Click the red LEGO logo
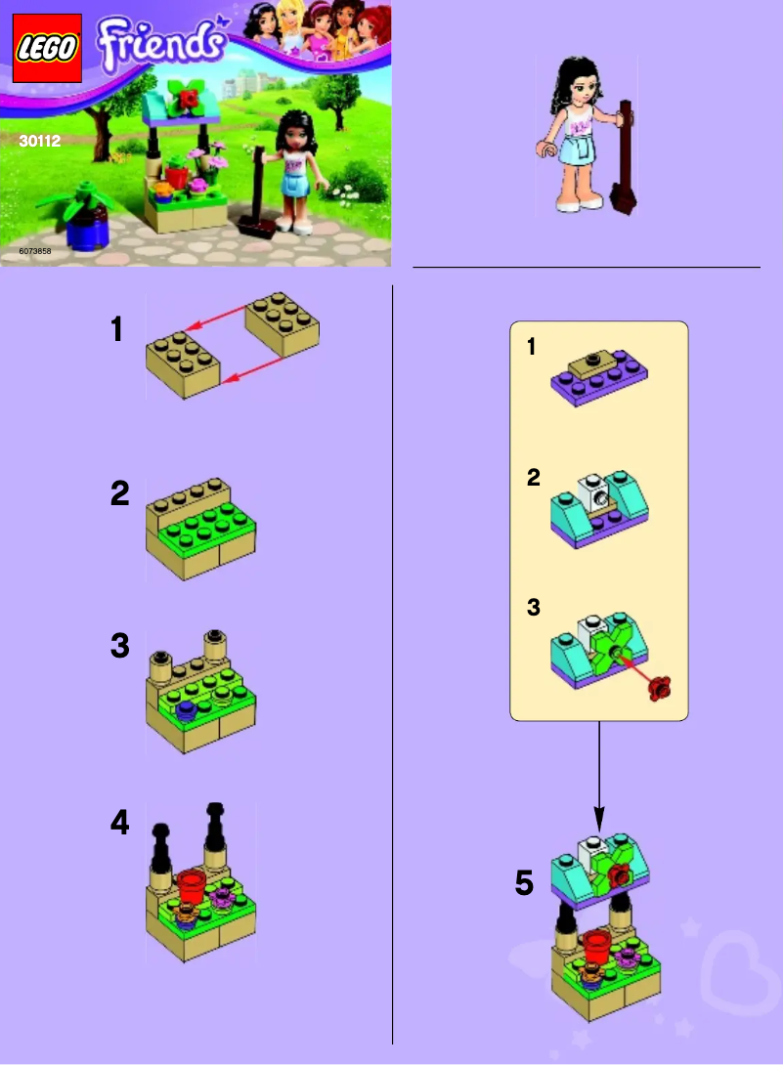click(46, 49)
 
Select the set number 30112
click(40, 141)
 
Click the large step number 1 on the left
click(117, 330)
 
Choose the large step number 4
click(119, 824)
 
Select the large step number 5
click(525, 884)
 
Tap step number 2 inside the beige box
click(533, 478)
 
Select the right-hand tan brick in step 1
click(283, 326)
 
